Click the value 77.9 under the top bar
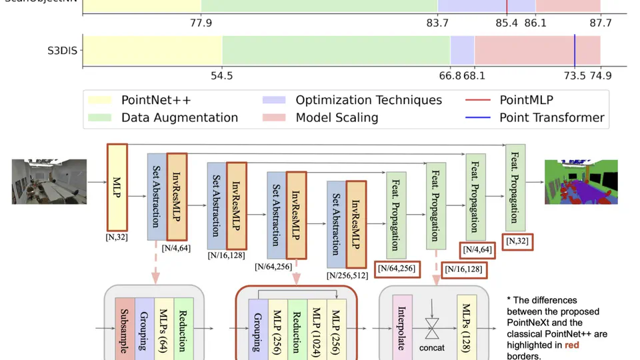click(201, 23)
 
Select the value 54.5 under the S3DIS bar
click(221, 75)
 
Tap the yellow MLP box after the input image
click(117, 187)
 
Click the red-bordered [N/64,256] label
click(399, 269)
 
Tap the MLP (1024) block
click(316, 327)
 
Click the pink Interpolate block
click(403, 327)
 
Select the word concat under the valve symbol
click(431, 348)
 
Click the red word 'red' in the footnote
click(572, 345)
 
